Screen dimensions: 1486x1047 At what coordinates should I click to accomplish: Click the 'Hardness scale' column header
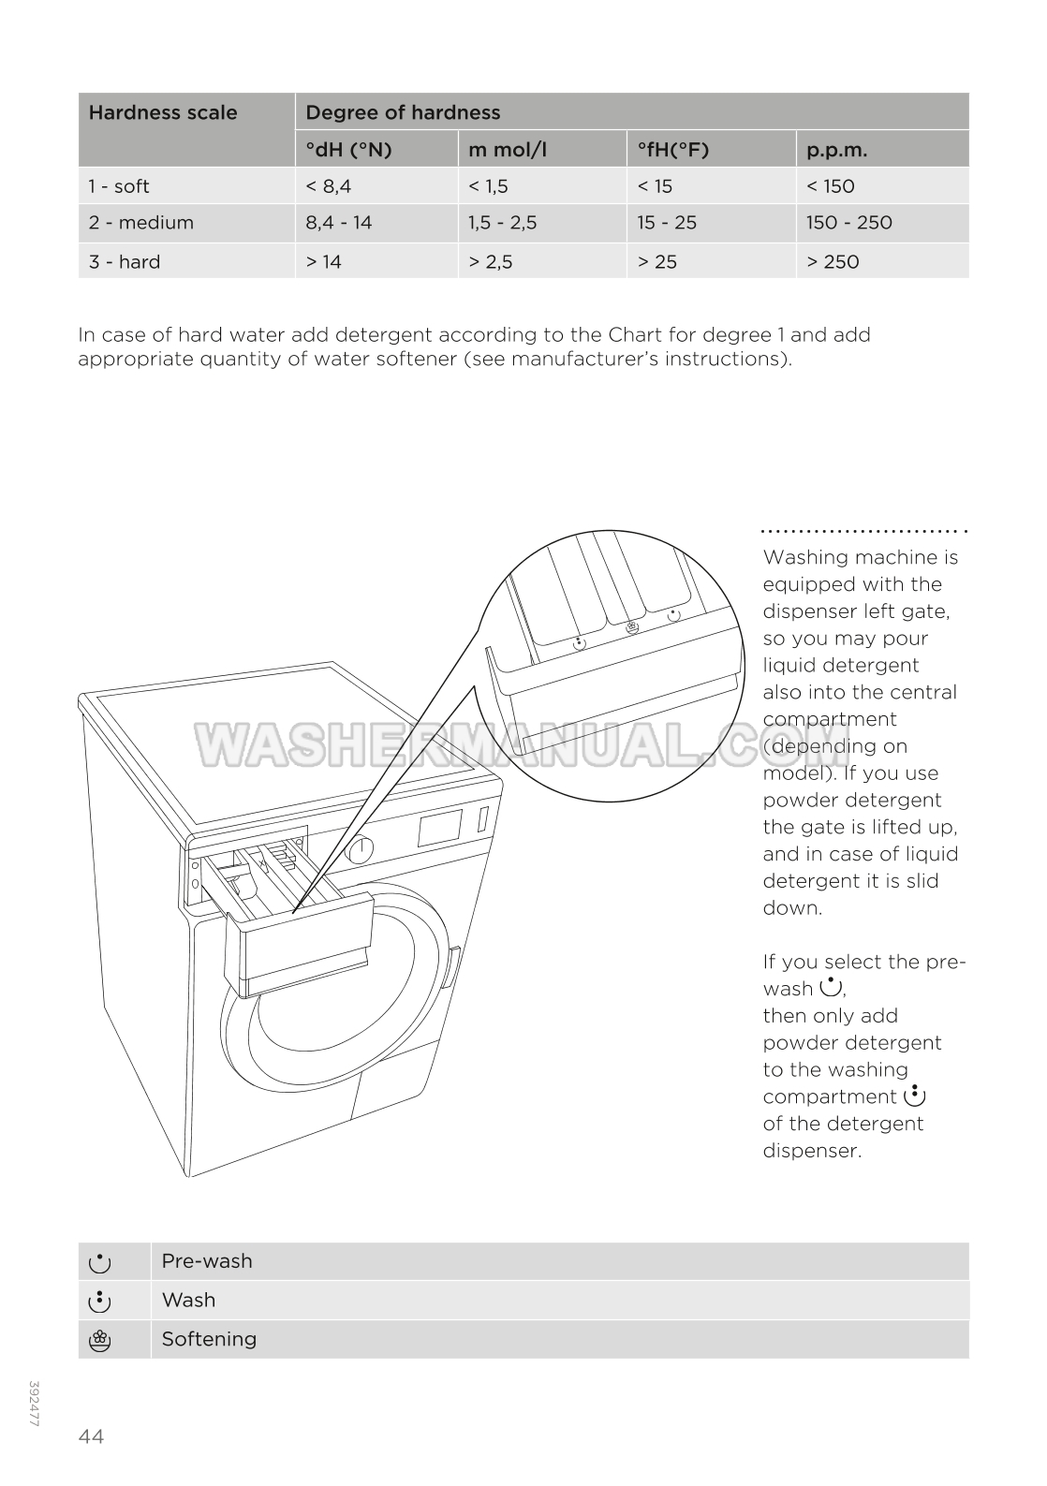point(163,113)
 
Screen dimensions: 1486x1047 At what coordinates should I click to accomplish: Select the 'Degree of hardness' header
point(403,113)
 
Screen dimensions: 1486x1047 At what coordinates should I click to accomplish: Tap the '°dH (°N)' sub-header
point(348,150)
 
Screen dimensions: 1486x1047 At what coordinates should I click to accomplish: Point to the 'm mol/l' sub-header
point(508,150)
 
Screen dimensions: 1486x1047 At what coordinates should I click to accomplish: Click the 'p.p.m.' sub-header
point(836,150)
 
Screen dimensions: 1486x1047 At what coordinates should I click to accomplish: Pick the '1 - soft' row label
point(119,186)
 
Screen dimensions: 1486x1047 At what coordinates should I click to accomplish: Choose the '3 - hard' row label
point(125,262)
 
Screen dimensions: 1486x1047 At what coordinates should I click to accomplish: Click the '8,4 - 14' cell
point(338,223)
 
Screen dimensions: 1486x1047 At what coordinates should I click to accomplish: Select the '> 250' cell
point(833,262)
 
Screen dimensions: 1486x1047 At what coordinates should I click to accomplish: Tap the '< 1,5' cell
point(488,186)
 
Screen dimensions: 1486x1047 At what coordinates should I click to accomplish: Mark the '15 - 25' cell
point(667,223)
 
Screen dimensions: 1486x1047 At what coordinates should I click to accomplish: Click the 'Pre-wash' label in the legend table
point(207,1261)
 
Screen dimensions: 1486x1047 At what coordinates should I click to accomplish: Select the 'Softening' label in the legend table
point(209,1339)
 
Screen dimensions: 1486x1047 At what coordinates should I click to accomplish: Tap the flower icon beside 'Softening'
point(99,1341)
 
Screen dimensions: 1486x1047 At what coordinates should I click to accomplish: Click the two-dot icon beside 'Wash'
point(99,1302)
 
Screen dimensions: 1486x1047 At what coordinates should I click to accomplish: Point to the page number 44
point(92,1436)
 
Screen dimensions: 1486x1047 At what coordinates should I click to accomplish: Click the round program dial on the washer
point(360,850)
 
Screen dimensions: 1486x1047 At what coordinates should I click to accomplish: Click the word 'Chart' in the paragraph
point(634,335)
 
